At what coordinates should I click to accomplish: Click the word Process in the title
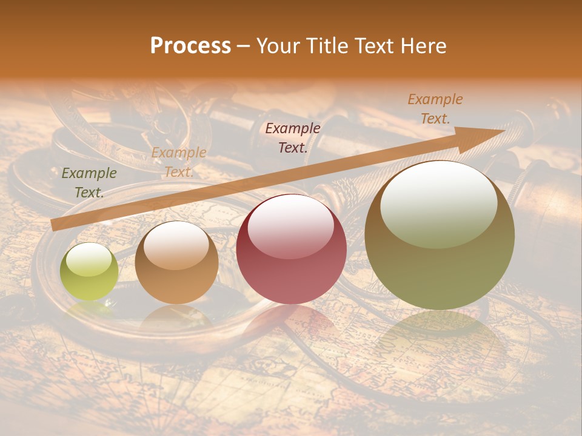[190, 46]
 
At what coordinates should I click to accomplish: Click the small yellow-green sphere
[89, 272]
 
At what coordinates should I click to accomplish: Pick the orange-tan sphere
[176, 263]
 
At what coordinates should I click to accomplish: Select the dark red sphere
[291, 249]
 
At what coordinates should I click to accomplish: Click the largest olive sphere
[440, 235]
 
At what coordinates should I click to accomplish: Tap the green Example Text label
[89, 183]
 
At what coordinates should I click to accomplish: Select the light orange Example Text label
[178, 162]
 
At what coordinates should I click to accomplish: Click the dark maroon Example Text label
[293, 137]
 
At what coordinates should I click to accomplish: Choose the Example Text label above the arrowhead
[435, 109]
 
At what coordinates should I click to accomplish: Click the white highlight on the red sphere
[291, 226]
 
